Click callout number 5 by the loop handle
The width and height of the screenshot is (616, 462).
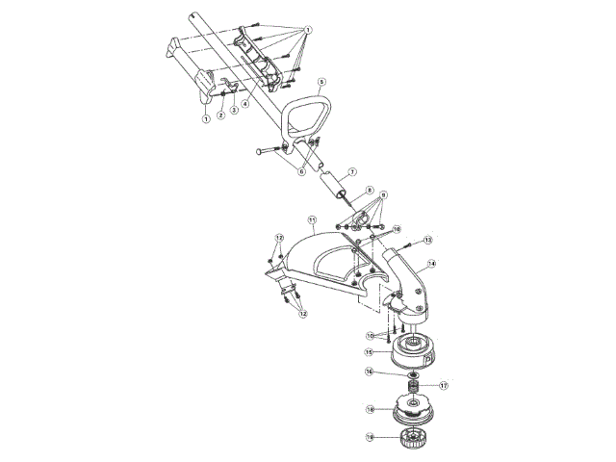pyautogui.click(x=321, y=83)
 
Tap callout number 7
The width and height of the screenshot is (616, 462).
pyautogui.click(x=352, y=172)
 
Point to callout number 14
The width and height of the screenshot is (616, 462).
pyautogui.click(x=432, y=263)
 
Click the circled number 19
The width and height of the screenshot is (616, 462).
pyautogui.click(x=370, y=438)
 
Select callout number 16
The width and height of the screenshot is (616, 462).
pyautogui.click(x=369, y=372)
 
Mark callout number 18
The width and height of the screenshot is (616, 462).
pyautogui.click(x=369, y=410)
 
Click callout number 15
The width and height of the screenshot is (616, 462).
pyautogui.click(x=369, y=353)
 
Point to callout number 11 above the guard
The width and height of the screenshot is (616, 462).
pyautogui.click(x=311, y=220)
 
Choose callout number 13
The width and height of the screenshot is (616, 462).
pyautogui.click(x=428, y=240)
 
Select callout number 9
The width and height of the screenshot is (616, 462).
pyautogui.click(x=383, y=195)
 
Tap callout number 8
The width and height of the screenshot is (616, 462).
pyautogui.click(x=369, y=192)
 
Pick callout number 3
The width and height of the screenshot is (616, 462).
pyautogui.click(x=234, y=111)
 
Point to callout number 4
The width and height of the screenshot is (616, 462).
pyautogui.click(x=245, y=104)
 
